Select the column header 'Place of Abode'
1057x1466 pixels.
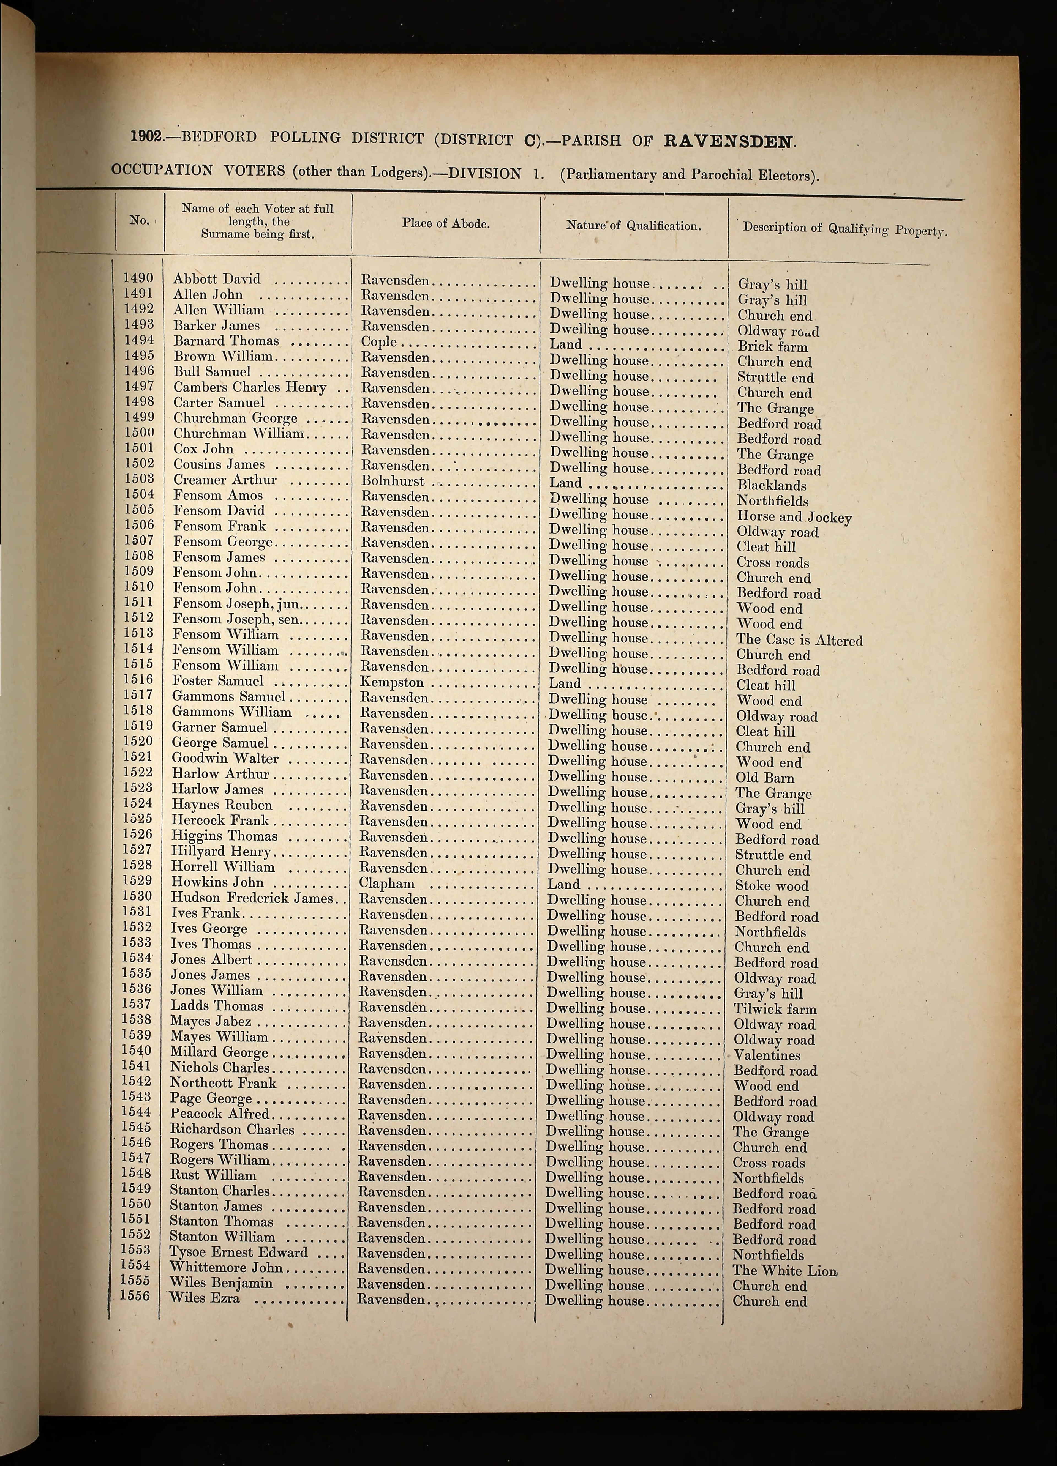click(x=445, y=224)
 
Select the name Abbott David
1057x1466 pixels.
click(x=217, y=279)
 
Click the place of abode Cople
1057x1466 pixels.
click(x=379, y=342)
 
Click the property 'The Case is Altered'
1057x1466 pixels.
click(x=799, y=640)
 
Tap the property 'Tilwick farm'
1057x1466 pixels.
click(x=775, y=1009)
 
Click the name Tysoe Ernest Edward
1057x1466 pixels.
click(x=239, y=1252)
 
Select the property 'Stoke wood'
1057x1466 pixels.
click(x=771, y=885)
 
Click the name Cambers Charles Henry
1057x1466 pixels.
click(x=250, y=388)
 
